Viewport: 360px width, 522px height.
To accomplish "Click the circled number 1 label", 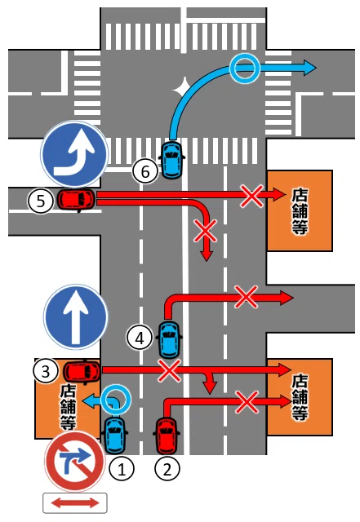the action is click(x=122, y=469).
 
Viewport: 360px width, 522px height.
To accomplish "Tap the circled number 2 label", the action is click(x=167, y=469).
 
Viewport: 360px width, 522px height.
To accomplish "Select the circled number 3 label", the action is click(x=46, y=371).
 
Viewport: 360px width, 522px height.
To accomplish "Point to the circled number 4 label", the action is click(x=140, y=338).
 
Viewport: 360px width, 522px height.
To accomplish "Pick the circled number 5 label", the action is click(x=41, y=201).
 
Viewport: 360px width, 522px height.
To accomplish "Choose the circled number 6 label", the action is click(x=145, y=171).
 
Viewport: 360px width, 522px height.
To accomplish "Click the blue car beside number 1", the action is click(x=115, y=436).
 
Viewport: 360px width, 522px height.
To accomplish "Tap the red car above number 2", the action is click(x=167, y=436).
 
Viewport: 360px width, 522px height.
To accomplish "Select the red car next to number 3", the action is click(x=82, y=371).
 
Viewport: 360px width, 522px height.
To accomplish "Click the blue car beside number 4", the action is click(x=170, y=339).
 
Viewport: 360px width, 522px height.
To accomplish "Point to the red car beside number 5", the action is click(x=77, y=199).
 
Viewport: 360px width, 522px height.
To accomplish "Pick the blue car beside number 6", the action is click(x=172, y=160).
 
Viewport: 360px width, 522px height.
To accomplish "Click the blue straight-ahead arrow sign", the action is click(x=76, y=317).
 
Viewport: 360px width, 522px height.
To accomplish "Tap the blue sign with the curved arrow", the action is click(x=74, y=154).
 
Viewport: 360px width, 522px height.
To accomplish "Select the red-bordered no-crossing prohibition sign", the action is click(x=74, y=462).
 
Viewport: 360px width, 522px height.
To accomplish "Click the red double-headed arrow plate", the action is click(x=75, y=502).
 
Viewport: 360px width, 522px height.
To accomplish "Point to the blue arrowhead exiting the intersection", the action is click(x=309, y=68).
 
